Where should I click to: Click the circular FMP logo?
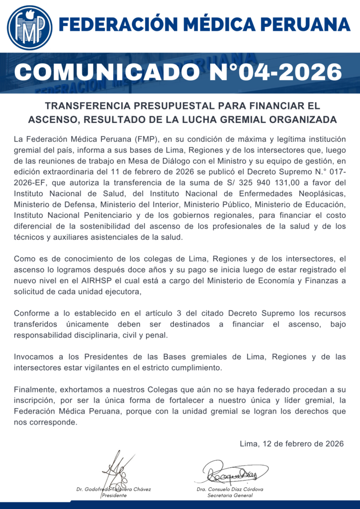[x=29, y=27]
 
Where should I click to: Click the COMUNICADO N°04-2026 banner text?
[x=178, y=72]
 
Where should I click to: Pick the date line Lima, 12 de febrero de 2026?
[x=291, y=444]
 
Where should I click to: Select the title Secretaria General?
[x=230, y=496]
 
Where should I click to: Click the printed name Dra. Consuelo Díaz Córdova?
[x=230, y=489]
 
